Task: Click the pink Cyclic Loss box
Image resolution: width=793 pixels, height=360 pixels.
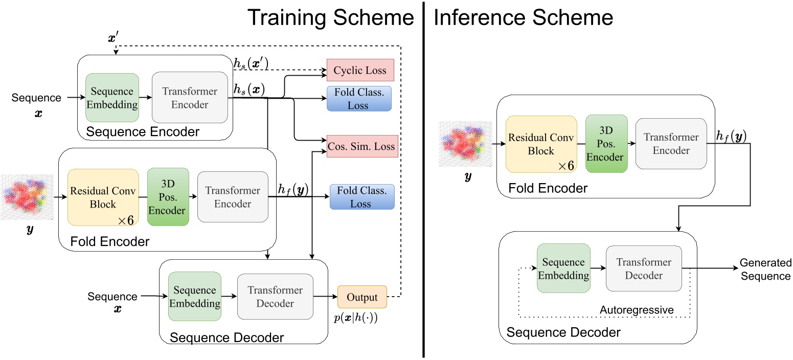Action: coord(360,71)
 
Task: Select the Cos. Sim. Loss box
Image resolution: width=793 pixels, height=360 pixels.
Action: coord(362,147)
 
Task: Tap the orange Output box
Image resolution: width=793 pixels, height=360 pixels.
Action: coord(362,297)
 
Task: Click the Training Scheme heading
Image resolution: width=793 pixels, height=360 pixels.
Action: coord(331,18)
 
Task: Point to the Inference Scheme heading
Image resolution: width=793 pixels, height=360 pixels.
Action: coord(523,18)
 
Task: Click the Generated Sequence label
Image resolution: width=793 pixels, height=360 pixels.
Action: coord(765,269)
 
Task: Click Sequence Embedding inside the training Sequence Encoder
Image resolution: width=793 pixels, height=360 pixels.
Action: coord(112,98)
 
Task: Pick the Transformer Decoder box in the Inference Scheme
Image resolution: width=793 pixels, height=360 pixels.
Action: coord(643,268)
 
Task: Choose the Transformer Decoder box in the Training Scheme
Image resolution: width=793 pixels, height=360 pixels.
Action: coord(275,297)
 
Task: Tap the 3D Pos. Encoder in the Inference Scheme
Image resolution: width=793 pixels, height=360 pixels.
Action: coord(605,144)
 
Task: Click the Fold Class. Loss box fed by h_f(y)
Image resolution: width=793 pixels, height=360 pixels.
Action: coord(362,197)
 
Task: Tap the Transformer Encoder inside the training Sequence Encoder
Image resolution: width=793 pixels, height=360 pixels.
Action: coord(190,97)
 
